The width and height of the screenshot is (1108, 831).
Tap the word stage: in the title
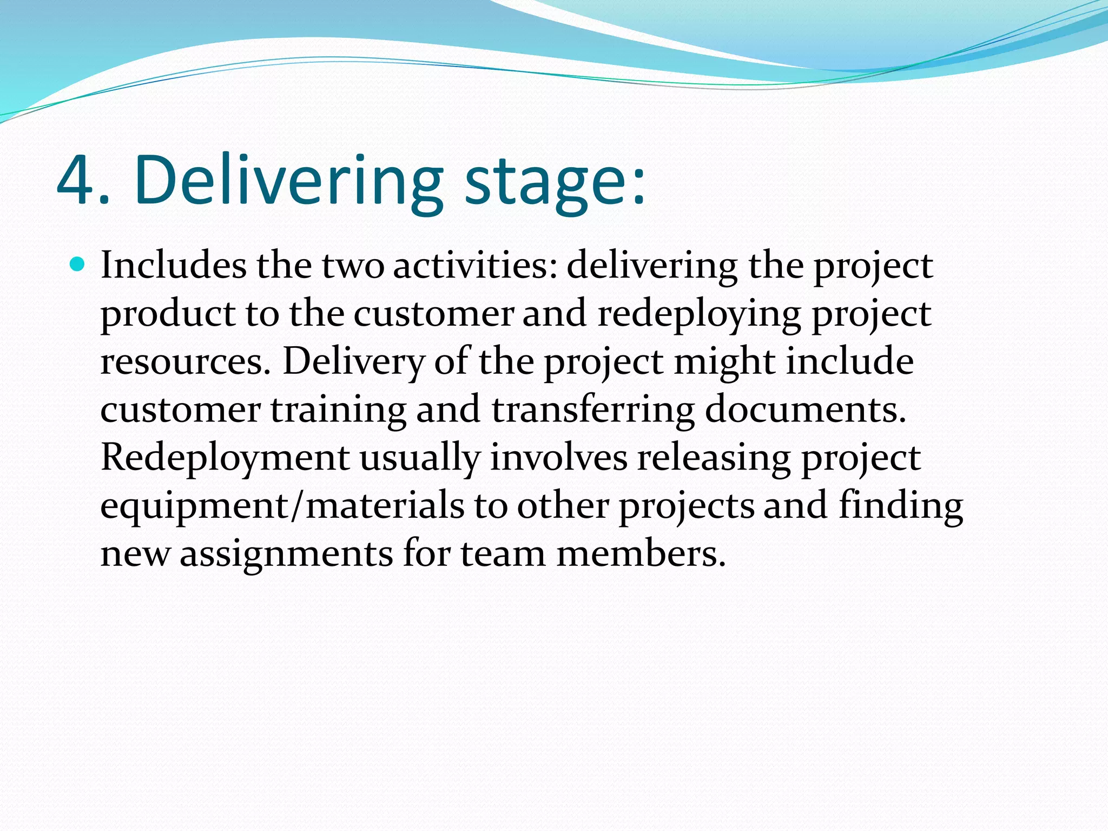(x=555, y=184)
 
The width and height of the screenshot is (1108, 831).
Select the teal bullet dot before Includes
(x=78, y=265)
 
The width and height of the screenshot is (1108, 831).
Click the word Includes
(x=173, y=266)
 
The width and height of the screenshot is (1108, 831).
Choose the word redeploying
(x=698, y=314)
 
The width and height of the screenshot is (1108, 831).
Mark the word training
(x=338, y=410)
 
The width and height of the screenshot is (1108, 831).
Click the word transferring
(x=593, y=410)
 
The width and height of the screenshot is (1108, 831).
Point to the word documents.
(x=805, y=410)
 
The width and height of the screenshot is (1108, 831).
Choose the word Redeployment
(x=225, y=458)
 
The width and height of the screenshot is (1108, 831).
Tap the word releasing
(x=714, y=458)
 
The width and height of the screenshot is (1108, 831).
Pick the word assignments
(x=286, y=553)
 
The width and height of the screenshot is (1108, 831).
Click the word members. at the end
(x=641, y=553)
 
